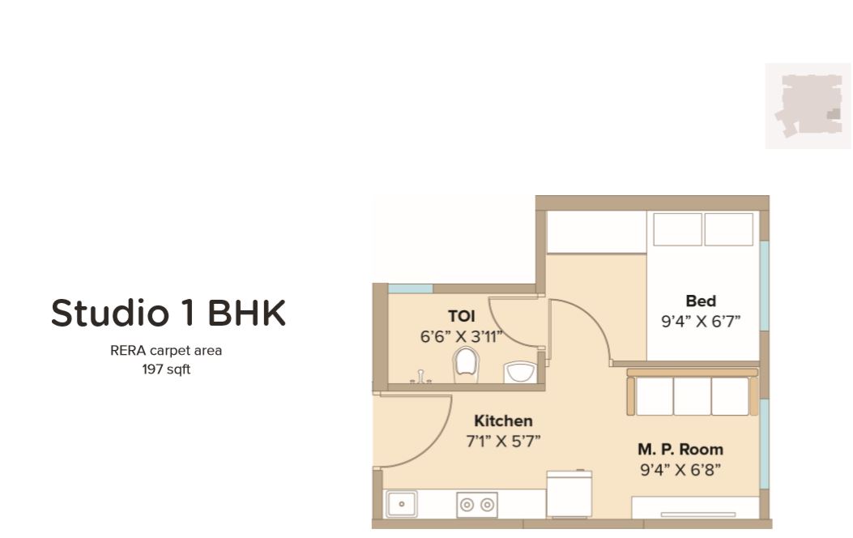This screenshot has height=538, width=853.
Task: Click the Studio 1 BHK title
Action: [x=168, y=314]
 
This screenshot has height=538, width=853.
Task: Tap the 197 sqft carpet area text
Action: [x=166, y=370]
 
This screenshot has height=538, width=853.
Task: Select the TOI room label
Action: [x=462, y=316]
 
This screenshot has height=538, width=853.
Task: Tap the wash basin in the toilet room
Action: [x=518, y=372]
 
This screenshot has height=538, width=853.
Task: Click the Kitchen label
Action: [x=503, y=421]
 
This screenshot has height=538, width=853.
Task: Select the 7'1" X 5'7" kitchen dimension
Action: [x=503, y=441]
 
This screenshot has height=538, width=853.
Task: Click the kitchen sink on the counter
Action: [x=401, y=504]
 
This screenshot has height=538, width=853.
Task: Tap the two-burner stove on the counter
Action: [x=476, y=504]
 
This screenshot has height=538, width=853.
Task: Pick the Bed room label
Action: [x=701, y=301]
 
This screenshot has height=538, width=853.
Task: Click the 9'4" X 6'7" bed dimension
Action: [x=701, y=322]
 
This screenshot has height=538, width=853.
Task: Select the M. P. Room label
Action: [x=680, y=449]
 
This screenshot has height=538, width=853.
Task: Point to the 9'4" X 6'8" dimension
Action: [x=680, y=469]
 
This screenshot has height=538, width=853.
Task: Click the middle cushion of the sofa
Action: [x=692, y=396]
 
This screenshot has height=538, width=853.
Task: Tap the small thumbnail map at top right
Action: [x=808, y=106]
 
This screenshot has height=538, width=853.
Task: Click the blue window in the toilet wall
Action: [x=410, y=288]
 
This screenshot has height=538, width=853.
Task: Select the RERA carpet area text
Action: [x=166, y=352]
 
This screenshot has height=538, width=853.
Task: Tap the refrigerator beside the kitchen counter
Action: [x=569, y=494]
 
